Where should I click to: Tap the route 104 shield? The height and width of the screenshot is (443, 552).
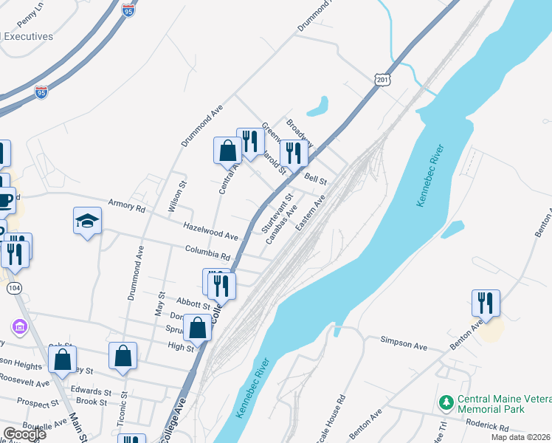pyautogui.click(x=15, y=287)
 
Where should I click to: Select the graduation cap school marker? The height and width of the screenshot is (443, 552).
pyautogui.click(x=87, y=221)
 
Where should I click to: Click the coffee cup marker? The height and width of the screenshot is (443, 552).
pyautogui.click(x=4, y=200)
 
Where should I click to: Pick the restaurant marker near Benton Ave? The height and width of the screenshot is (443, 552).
pyautogui.click(x=486, y=303)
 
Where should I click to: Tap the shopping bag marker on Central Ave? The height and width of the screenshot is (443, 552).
pyautogui.click(x=227, y=151)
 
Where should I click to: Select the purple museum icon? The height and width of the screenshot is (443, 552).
pyautogui.click(x=19, y=326)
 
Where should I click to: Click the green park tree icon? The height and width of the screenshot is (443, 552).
pyautogui.click(x=445, y=402)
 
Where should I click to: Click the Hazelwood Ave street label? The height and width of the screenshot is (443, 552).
pyautogui.click(x=210, y=232)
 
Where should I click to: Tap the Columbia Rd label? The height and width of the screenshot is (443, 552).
pyautogui.click(x=208, y=253)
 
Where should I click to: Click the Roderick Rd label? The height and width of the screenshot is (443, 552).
pyautogui.click(x=488, y=427)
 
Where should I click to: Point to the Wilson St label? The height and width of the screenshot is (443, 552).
pyautogui.click(x=178, y=196)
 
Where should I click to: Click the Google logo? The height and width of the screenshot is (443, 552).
pyautogui.click(x=24, y=433)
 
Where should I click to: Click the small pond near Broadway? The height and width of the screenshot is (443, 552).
pyautogui.click(x=317, y=108)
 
